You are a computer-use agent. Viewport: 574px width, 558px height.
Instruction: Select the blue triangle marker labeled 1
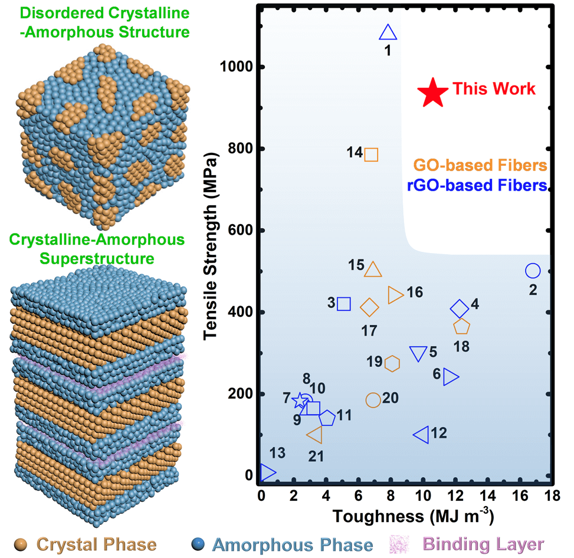pyautogui.click(x=388, y=33)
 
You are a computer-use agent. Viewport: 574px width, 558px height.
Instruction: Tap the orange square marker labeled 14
pyautogui.click(x=371, y=155)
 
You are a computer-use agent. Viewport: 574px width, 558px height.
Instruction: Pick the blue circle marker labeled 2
pyautogui.click(x=533, y=271)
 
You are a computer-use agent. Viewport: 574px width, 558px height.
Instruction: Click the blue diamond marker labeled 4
pyautogui.click(x=460, y=308)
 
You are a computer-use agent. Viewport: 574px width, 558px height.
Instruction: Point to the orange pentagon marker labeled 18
pyautogui.click(x=461, y=327)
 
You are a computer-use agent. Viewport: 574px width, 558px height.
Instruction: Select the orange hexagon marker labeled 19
pyautogui.click(x=392, y=364)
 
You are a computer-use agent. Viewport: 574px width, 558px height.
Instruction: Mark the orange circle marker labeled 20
pyautogui.click(x=373, y=400)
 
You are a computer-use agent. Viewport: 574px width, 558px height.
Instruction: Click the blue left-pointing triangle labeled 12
pyautogui.click(x=422, y=435)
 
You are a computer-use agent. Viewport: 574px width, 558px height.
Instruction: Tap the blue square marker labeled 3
pyautogui.click(x=344, y=304)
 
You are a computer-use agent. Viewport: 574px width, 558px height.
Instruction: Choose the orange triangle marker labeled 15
pyautogui.click(x=373, y=270)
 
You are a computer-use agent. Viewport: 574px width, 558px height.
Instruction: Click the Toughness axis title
pyautogui.click(x=404, y=517)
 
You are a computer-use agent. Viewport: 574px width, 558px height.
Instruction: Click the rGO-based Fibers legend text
pyautogui.click(x=476, y=186)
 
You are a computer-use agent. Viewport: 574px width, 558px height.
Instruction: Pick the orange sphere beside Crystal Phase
pyautogui.click(x=21, y=544)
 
